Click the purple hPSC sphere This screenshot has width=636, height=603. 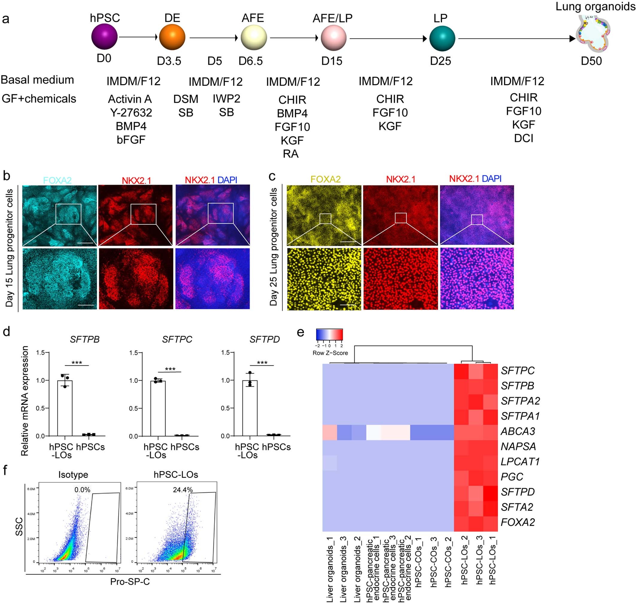[104, 37]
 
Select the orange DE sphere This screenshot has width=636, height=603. [172, 37]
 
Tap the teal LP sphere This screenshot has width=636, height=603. [442, 38]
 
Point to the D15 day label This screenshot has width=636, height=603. [332, 61]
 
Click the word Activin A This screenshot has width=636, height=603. [130, 99]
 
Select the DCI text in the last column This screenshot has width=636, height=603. [523, 138]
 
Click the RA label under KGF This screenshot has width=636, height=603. [291, 154]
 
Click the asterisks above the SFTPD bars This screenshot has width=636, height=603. [262, 363]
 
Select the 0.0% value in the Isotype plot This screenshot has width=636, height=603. [82, 490]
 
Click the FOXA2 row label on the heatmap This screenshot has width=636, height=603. [517, 522]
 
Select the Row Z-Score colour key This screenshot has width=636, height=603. [329, 334]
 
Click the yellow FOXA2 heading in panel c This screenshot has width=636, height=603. [325, 179]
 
